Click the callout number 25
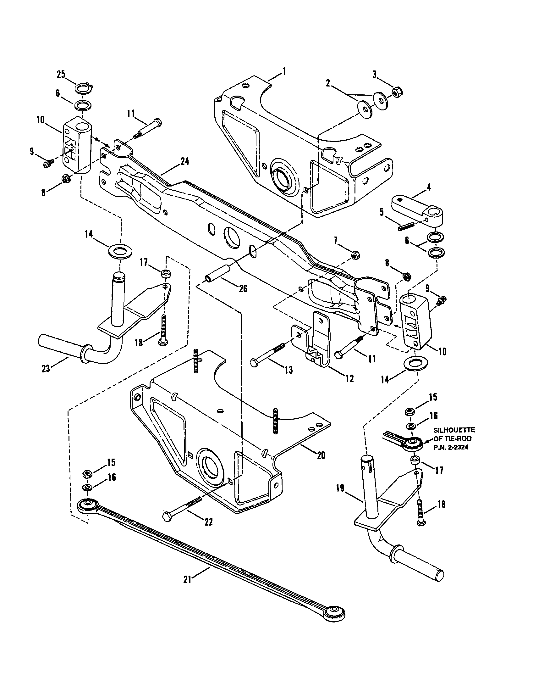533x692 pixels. pyautogui.click(x=61, y=75)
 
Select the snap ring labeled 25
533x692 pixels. pyautogui.click(x=84, y=88)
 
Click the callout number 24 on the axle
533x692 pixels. pyautogui.click(x=184, y=161)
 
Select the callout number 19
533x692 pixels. pyautogui.click(x=340, y=488)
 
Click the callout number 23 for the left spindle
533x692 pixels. pyautogui.click(x=46, y=369)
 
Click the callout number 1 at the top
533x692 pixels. pyautogui.click(x=284, y=71)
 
